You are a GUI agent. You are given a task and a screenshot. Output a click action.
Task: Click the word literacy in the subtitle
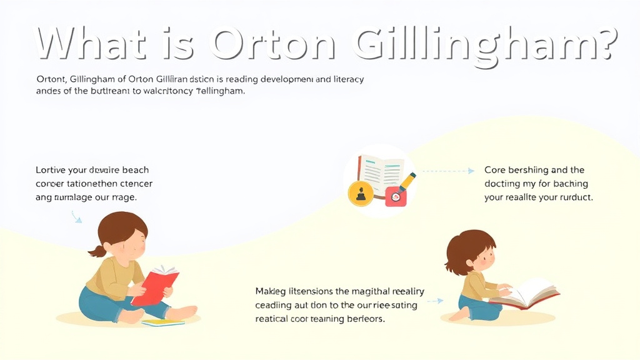coord(344,80)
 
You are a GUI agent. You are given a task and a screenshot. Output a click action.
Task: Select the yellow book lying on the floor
coord(162,322)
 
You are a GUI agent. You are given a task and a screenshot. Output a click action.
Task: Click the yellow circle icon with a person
coord(359,193)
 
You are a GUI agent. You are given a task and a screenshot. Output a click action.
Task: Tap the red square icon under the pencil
coord(395,197)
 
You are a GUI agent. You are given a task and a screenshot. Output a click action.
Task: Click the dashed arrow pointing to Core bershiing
coord(446,171)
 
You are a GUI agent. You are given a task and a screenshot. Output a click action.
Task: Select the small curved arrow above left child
coord(76,217)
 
